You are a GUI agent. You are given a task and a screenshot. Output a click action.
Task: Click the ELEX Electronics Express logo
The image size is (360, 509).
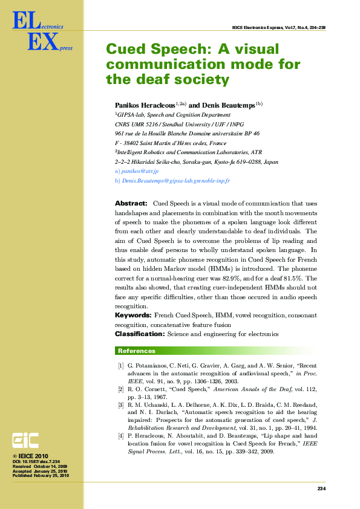coord(38,33)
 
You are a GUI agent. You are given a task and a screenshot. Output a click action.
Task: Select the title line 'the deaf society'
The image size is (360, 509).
coord(168,79)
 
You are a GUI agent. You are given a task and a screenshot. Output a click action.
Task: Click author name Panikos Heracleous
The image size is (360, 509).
coord(145,105)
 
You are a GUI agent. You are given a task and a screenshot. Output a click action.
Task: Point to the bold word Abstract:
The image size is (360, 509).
coord(131,204)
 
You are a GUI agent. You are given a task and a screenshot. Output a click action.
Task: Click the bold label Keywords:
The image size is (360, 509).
coord(133,316)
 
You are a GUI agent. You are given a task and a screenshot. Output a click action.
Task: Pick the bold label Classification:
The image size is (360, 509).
coord(139,334)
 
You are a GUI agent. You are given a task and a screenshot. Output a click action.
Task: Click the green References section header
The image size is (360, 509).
coord(136,351)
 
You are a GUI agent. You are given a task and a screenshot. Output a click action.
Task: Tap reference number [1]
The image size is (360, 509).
coord(121,366)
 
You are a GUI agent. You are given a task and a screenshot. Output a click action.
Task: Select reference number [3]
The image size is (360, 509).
coord(121,404)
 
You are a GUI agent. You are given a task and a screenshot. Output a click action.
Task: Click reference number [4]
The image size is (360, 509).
coord(121,435)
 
